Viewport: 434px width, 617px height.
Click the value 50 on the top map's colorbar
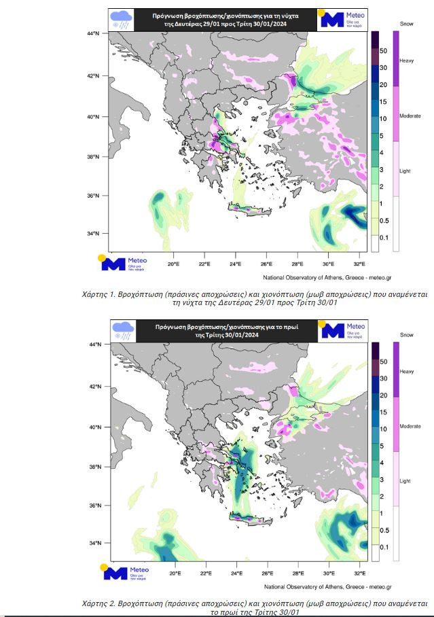tap(383, 51)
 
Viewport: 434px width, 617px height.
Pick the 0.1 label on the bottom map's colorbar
tap(384, 547)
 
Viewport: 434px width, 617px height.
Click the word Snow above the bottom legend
tap(407, 335)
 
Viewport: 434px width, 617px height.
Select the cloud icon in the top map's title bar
tap(122, 19)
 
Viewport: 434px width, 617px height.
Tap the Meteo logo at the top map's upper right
tap(343, 18)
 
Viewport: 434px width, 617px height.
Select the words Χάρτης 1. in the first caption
tap(98, 293)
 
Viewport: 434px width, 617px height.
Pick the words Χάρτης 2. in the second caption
tap(98, 603)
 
